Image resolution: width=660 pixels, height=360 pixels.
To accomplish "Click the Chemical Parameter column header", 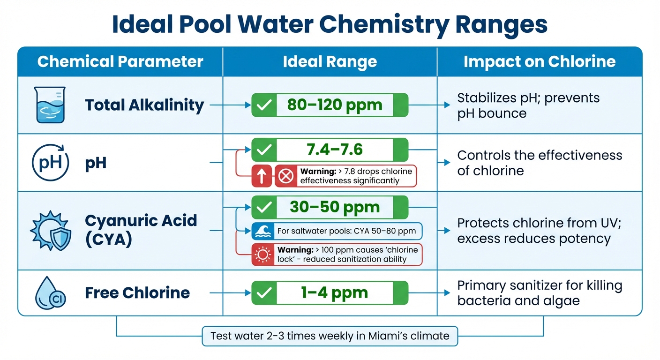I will click(x=120, y=62).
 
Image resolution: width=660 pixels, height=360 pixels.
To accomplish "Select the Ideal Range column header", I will click(x=330, y=62).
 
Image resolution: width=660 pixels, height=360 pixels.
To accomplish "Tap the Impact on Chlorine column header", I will click(x=539, y=62).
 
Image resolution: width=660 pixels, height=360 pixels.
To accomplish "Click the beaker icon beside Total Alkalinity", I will click(x=51, y=105).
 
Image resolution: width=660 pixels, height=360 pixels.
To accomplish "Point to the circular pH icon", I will click(x=50, y=163).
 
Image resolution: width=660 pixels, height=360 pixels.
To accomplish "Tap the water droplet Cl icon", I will click(x=51, y=293).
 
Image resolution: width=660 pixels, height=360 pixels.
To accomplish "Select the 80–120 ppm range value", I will click(x=335, y=105).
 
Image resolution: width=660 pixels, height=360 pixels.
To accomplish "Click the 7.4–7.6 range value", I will click(x=334, y=150).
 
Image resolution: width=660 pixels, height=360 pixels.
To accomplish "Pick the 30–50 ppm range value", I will click(x=334, y=207).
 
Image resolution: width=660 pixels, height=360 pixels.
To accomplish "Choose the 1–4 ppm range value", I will click(x=334, y=293).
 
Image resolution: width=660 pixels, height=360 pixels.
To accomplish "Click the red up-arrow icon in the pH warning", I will click(x=262, y=176).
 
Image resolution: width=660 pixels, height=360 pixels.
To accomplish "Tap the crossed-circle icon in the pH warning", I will click(x=286, y=176).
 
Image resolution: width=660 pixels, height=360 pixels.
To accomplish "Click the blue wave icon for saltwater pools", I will click(x=262, y=231).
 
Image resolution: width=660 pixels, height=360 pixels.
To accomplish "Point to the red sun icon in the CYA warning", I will click(x=262, y=255).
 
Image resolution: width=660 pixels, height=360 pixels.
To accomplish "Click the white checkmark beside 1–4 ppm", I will click(x=264, y=293).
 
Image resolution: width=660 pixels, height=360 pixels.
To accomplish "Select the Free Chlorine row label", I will click(x=137, y=293).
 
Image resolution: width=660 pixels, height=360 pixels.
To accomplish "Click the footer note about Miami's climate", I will click(x=330, y=336).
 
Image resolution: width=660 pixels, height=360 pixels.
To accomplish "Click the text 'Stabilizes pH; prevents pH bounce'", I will click(x=528, y=105).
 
